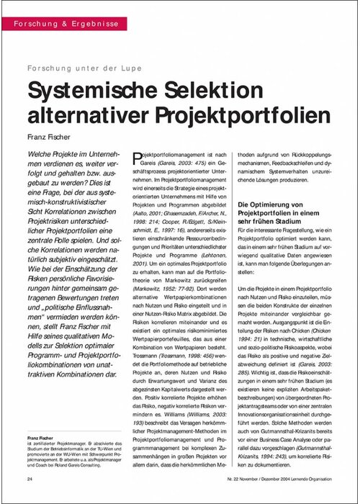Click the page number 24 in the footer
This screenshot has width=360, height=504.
(29, 478)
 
